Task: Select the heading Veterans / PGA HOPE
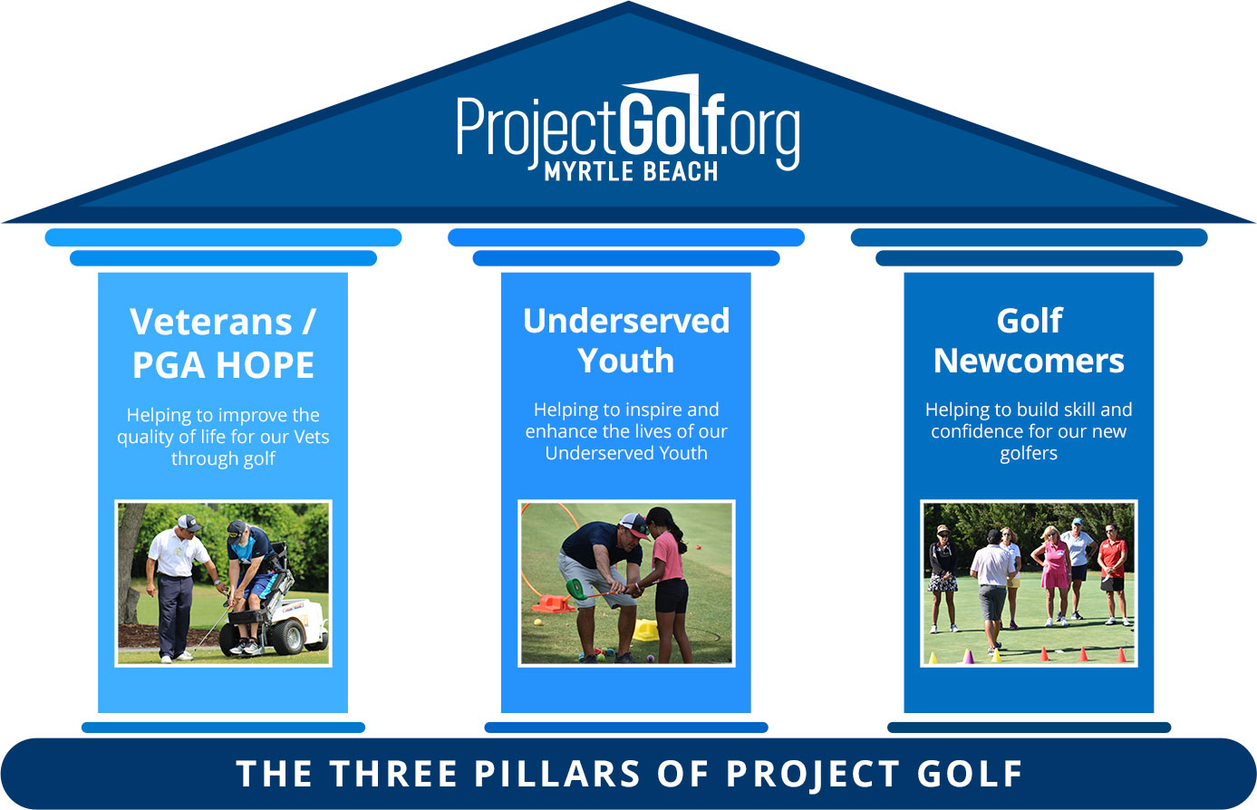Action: pos(223,343)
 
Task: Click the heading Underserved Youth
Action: pos(626,341)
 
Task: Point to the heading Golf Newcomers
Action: pos(1029,341)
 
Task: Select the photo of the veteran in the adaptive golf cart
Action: pos(223,583)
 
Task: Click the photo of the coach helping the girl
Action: pos(626,583)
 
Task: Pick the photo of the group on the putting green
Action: pos(1029,583)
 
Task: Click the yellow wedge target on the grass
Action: pos(645,631)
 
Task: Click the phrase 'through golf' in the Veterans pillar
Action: pos(223,458)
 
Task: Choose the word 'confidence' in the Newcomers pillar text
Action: pos(976,431)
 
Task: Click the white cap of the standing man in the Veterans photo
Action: pos(188,522)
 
